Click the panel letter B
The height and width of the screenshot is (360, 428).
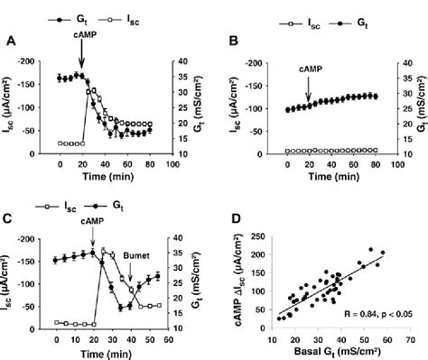pyautogui.click(x=234, y=42)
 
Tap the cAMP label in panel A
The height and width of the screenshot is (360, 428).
pyautogui.click(x=83, y=40)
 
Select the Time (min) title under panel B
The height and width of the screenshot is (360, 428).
pyautogui.click(x=330, y=180)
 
